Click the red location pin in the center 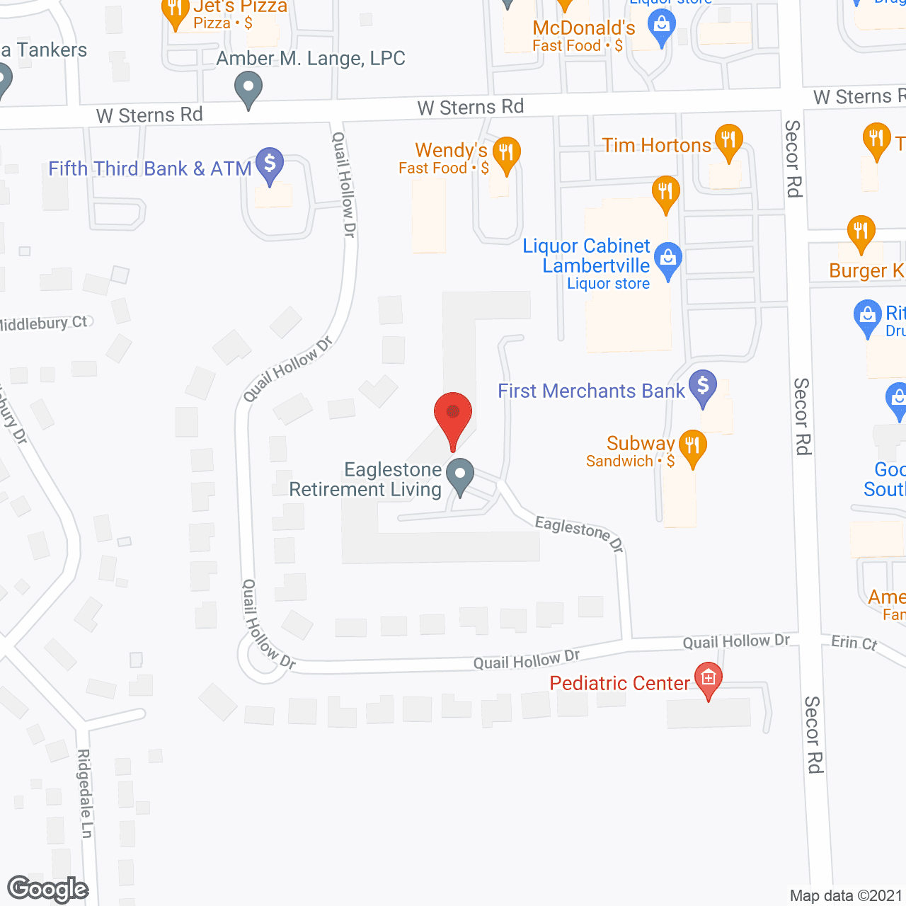[453, 417]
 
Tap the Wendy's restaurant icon [506, 154]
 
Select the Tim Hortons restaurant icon [728, 141]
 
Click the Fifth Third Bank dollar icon [269, 164]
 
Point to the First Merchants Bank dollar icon [703, 386]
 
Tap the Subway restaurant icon [692, 447]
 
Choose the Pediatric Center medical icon [709, 679]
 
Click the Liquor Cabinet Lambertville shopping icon [668, 260]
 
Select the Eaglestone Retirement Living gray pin [461, 476]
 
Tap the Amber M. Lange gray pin [248, 90]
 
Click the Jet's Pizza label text [241, 7]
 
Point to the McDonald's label [583, 28]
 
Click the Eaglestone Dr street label [579, 533]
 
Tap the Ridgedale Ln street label [85, 793]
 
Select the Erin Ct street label [854, 642]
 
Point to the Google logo [48, 889]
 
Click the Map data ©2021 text [846, 895]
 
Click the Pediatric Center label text [619, 683]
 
